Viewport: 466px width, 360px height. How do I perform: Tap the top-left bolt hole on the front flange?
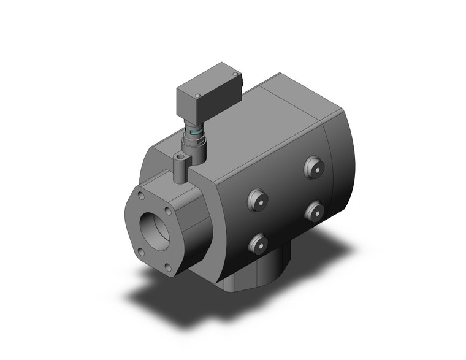point(142,196)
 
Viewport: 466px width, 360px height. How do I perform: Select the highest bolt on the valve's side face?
point(314,166)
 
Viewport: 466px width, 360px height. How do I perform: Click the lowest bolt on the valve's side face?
point(257,243)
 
